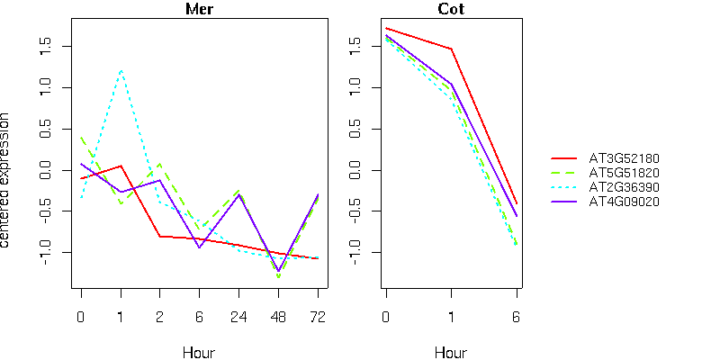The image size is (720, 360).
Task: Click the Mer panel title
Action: (199, 10)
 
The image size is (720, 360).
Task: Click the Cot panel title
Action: (451, 10)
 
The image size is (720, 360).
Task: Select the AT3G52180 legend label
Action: (625, 159)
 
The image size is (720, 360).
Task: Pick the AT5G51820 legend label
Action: (625, 173)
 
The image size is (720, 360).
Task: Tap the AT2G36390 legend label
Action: (625, 186)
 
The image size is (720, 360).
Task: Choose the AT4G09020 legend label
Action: (625, 201)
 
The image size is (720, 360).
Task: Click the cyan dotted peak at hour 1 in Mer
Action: (121, 69)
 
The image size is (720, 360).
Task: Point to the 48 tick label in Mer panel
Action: (278, 317)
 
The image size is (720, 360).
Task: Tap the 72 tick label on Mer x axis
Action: (318, 317)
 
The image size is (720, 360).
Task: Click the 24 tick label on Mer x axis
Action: (238, 317)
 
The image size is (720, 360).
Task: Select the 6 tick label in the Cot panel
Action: (517, 317)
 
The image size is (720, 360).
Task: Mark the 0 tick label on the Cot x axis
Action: (385, 317)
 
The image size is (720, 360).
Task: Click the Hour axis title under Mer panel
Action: (199, 353)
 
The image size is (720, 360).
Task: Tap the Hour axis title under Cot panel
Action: (451, 353)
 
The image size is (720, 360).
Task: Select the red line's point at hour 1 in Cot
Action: (451, 49)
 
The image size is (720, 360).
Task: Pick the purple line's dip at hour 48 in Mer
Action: (278, 271)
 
